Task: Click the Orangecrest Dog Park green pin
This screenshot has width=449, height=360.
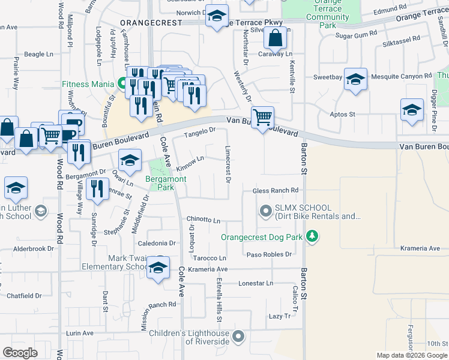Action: (x=312, y=237)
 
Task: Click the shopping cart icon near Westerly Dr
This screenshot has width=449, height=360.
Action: (x=262, y=118)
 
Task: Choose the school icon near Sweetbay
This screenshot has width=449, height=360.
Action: (x=355, y=80)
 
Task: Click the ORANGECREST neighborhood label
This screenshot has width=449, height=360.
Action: (x=151, y=22)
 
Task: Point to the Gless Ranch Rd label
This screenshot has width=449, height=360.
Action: (x=276, y=190)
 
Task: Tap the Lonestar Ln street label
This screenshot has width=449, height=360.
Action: (x=256, y=283)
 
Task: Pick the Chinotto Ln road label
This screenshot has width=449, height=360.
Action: (x=203, y=220)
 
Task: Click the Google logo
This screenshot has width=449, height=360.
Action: (x=20, y=353)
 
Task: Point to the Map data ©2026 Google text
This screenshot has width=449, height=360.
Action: (x=411, y=355)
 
